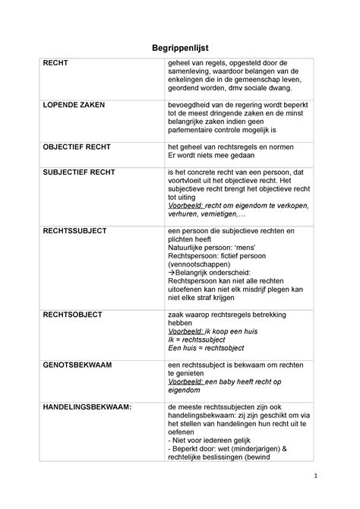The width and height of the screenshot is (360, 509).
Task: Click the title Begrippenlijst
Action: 179,47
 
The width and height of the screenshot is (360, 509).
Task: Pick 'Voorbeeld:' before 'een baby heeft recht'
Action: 185,381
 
